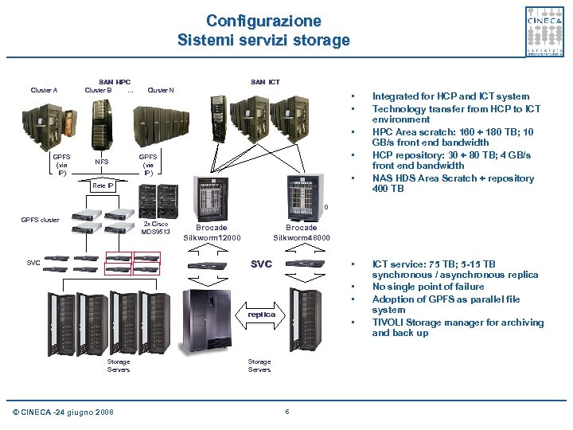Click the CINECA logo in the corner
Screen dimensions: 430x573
tap(545, 31)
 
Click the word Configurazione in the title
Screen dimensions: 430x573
tap(263, 21)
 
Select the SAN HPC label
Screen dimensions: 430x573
tap(114, 81)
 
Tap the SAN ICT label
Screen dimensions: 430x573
tap(265, 81)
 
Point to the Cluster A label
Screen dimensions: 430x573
tap(44, 90)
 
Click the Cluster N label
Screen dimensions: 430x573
tap(162, 90)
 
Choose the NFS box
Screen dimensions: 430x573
tap(102, 162)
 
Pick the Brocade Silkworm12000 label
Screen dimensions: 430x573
tap(212, 233)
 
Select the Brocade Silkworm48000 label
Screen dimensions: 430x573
tap(302, 233)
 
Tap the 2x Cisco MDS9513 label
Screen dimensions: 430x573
tap(156, 228)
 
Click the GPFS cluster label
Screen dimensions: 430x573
tap(40, 219)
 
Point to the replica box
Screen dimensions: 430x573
tap(260, 314)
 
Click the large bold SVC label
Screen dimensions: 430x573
tap(261, 264)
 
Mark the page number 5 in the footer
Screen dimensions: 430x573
tap(286, 411)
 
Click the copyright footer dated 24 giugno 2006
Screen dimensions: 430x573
tap(64, 412)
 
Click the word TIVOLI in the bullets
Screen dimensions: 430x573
tap(389, 322)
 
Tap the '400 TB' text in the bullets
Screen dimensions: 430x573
tap(389, 190)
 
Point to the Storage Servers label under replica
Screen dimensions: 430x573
tap(259, 365)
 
